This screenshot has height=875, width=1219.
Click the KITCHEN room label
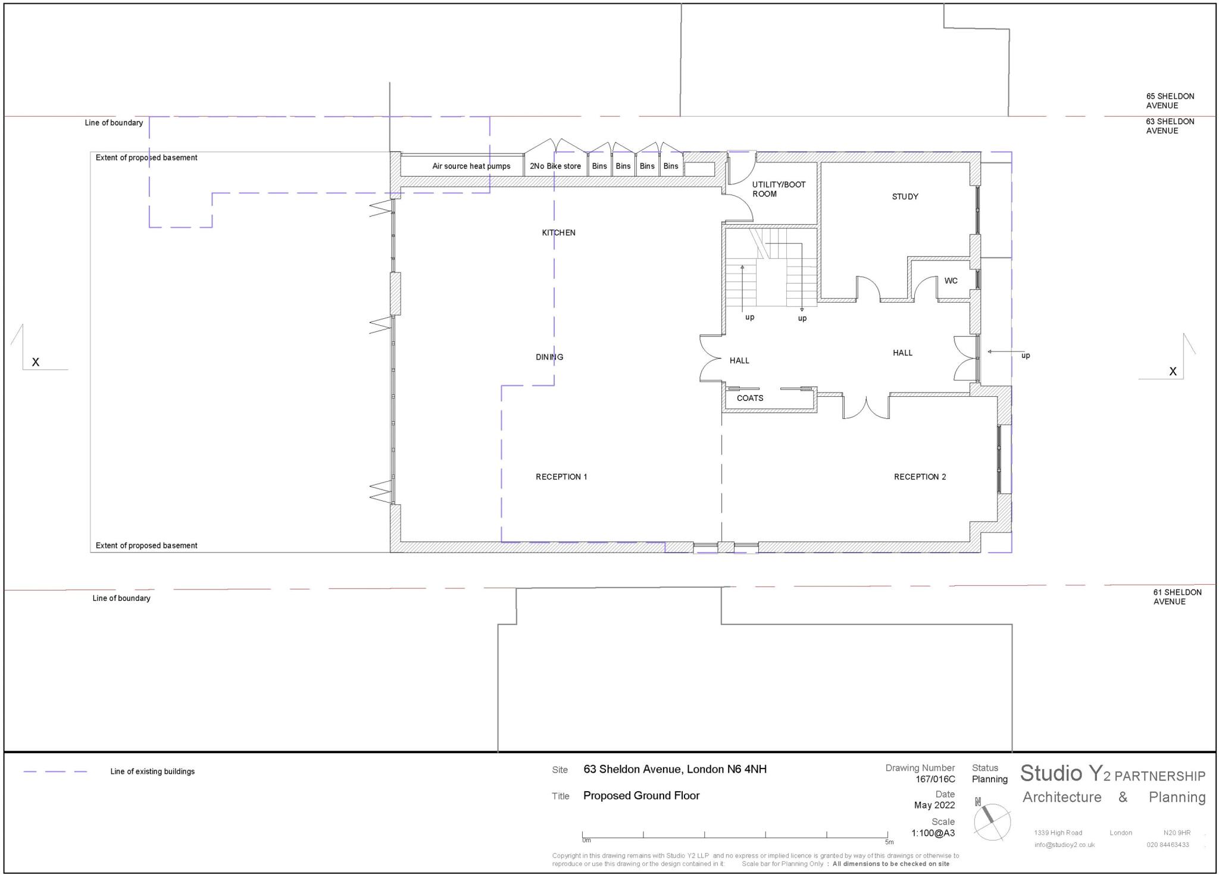coord(558,233)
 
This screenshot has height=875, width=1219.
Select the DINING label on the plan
coord(549,357)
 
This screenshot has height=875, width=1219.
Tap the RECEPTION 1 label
coord(561,476)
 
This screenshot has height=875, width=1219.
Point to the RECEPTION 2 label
coord(920,476)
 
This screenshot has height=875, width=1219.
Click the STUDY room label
coord(905,196)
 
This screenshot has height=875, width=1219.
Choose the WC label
coord(951,281)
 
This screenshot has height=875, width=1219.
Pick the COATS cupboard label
coord(749,398)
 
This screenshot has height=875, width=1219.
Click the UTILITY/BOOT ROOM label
coord(778,189)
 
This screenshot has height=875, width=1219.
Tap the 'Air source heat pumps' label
coord(471,166)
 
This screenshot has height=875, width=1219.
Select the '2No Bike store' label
coord(555,166)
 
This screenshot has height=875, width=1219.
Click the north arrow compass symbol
coord(992,822)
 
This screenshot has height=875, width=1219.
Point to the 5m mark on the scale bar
coord(888,841)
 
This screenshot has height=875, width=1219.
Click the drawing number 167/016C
coord(935,779)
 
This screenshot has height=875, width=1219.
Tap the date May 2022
coord(934,805)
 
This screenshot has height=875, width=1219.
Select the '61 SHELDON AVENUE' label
coord(1168,597)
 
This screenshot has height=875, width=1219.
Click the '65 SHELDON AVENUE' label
coord(1170,101)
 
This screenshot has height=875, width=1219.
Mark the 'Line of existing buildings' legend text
coord(152,771)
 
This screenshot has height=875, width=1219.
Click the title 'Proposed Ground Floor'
coord(641,795)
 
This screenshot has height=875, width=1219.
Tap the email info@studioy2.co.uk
coord(1064,845)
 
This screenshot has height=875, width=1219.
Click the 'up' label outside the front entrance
coord(1025,356)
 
